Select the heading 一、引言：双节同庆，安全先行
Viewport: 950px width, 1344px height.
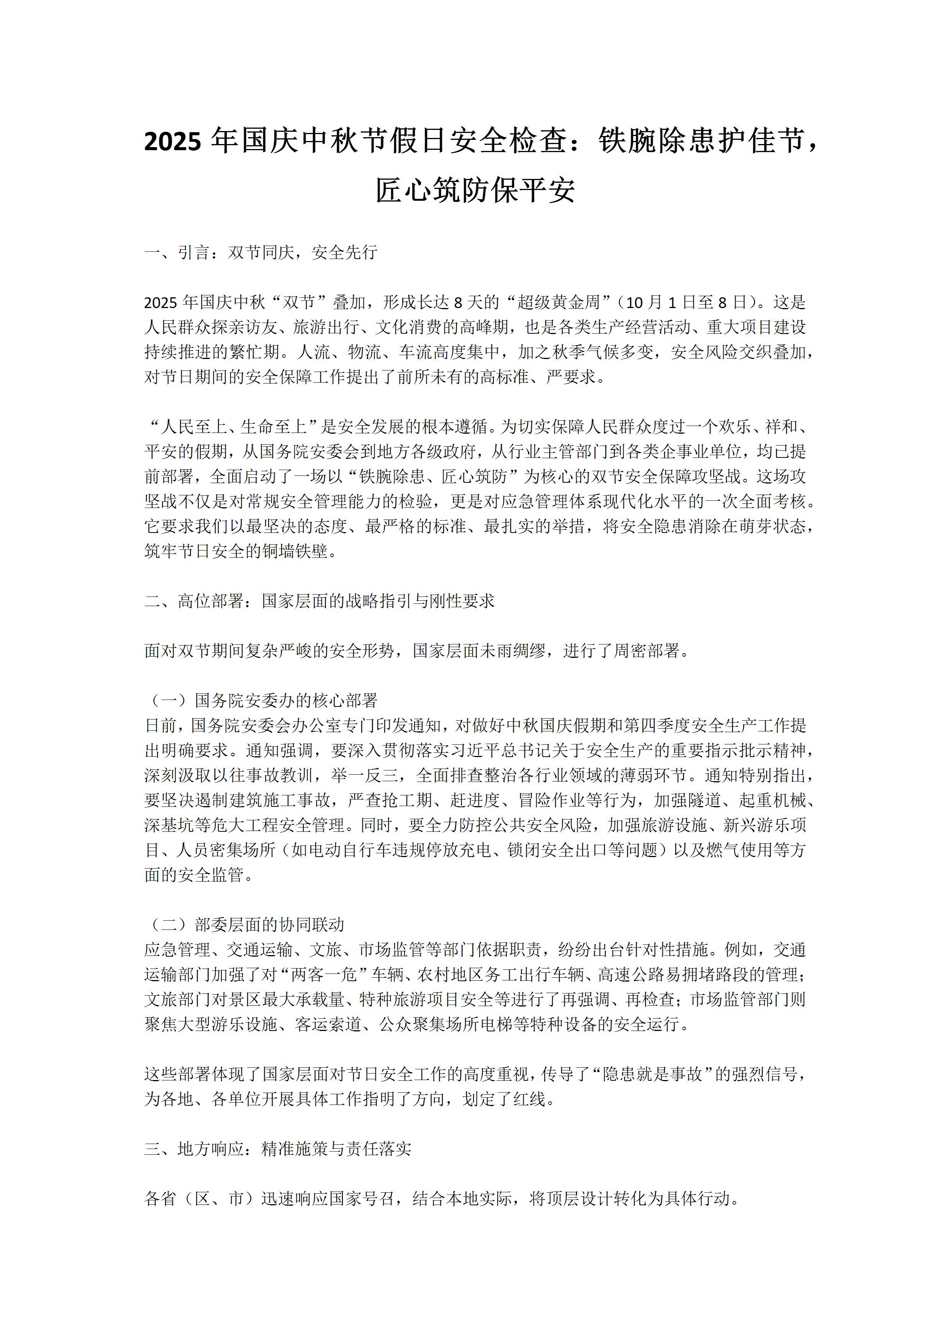pos(260,252)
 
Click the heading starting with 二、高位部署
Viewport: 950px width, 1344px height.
pos(319,601)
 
